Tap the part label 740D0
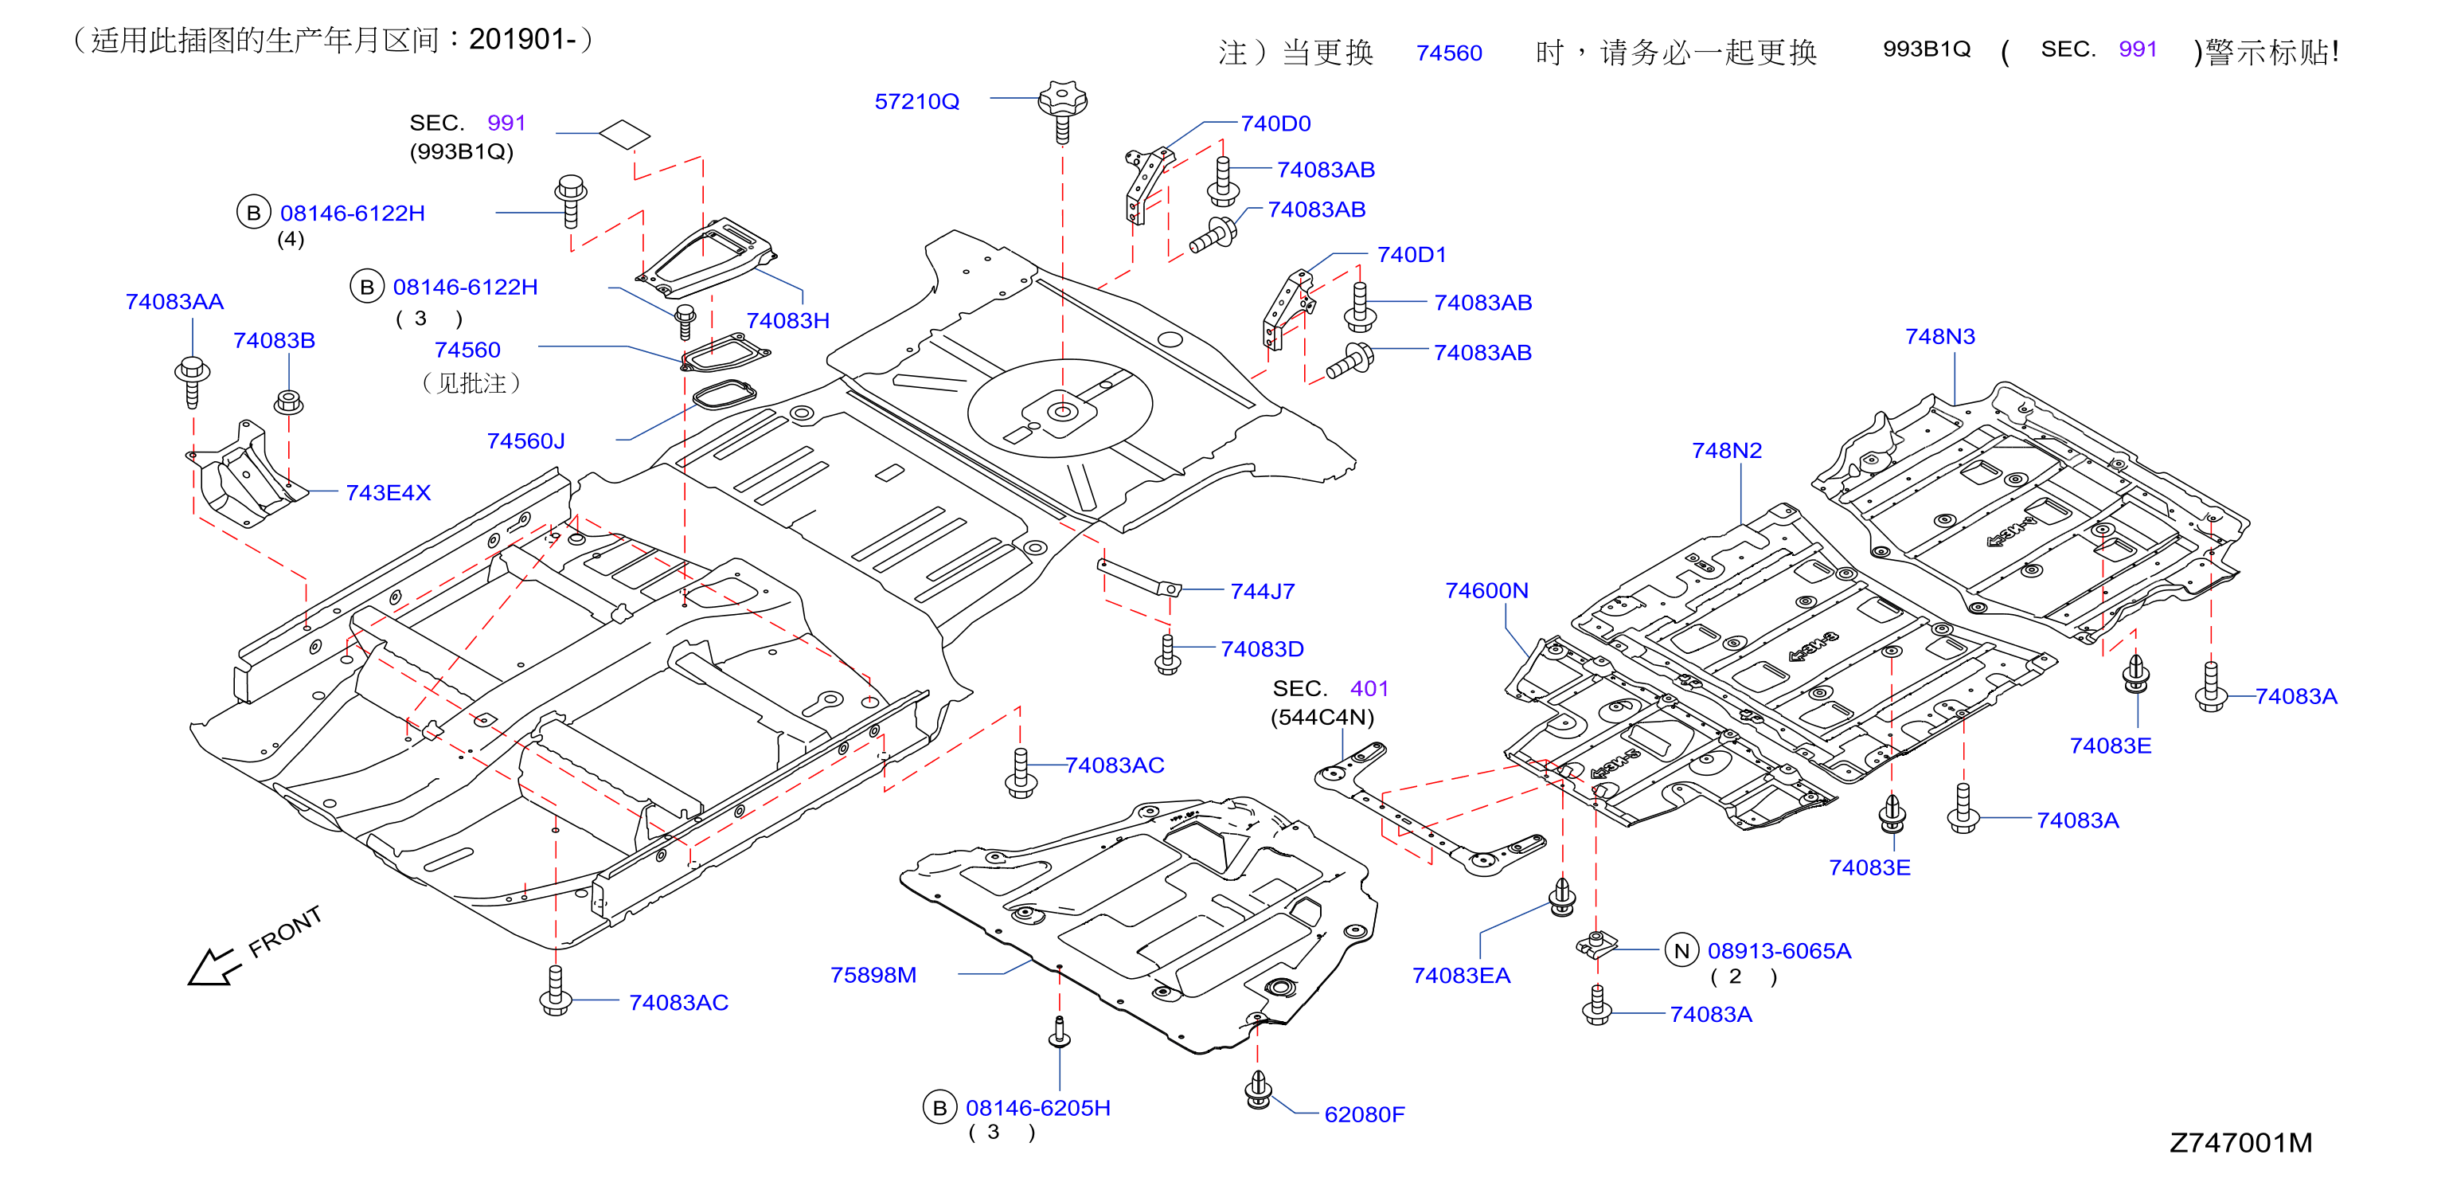1275,123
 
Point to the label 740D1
1412,254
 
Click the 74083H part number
787,321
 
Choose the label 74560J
525,441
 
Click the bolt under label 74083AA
193,381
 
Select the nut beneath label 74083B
288,402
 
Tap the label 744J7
1263,592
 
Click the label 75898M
873,975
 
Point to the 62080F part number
1364,1114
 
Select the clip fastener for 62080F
1259,1090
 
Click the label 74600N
1486,590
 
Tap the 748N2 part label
1727,451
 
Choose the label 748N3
1940,337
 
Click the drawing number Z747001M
2241,1142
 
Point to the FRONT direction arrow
212,966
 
